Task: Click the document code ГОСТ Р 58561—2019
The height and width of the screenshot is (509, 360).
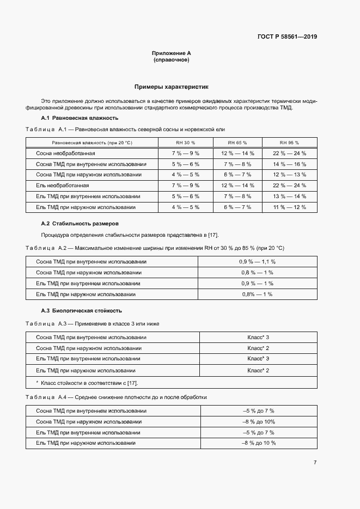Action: (x=287, y=37)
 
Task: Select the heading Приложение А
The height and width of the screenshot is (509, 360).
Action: (x=171, y=53)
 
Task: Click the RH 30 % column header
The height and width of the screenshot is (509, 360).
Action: (x=185, y=143)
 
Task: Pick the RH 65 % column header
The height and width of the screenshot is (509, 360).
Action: (x=237, y=143)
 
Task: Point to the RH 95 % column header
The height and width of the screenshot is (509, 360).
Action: (x=289, y=143)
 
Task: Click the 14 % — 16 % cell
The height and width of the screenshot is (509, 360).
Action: (x=289, y=164)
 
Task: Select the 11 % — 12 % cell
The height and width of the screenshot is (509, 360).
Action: (x=289, y=207)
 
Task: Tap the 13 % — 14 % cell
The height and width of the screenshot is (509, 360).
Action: (x=289, y=196)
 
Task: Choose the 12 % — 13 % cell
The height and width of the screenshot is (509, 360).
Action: (x=289, y=175)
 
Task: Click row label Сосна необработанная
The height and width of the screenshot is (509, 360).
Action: (x=65, y=154)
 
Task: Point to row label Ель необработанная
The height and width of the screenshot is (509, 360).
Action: (x=62, y=186)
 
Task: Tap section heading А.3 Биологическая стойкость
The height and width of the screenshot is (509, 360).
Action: (x=81, y=310)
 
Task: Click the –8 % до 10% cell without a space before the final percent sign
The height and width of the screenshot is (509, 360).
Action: (x=258, y=422)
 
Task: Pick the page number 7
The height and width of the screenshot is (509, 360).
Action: (x=315, y=462)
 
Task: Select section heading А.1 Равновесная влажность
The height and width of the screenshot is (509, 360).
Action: (x=80, y=118)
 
